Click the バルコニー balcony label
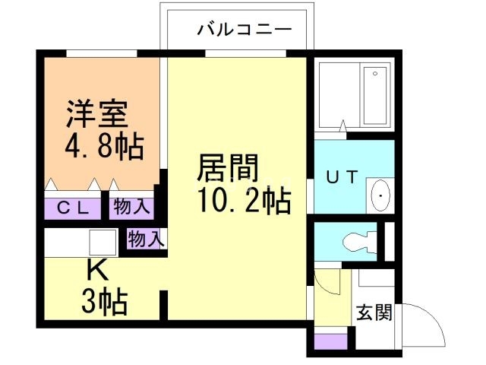pyautogui.click(x=244, y=30)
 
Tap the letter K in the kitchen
pyautogui.click(x=95, y=270)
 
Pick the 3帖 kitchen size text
pyautogui.click(x=104, y=302)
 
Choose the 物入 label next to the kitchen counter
pyautogui.click(x=145, y=240)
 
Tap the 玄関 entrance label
pyautogui.click(x=374, y=313)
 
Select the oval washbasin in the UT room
pyautogui.click(x=380, y=195)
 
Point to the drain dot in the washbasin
pyautogui.click(x=380, y=200)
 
